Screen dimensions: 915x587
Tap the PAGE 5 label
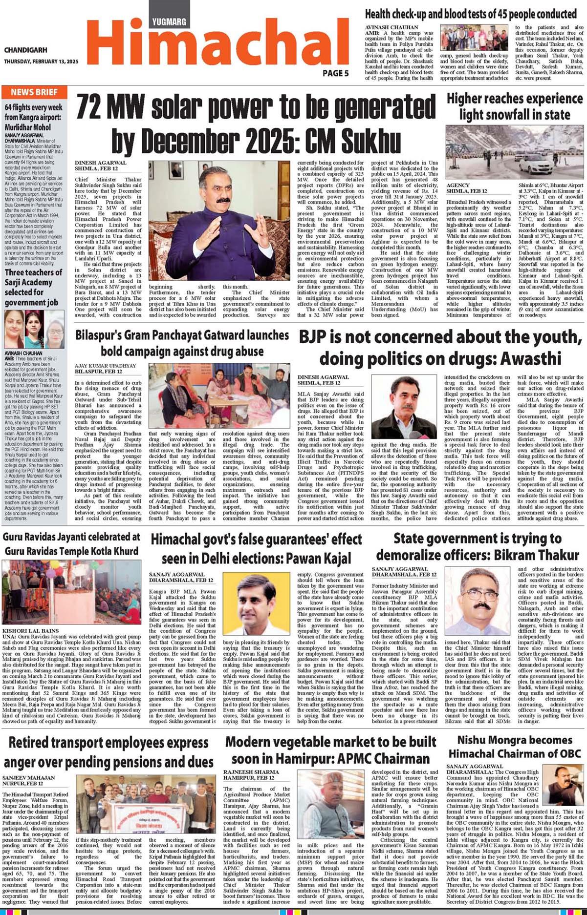pyautogui.click(x=335, y=73)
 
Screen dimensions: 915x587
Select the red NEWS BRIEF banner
pyautogui.click(x=34, y=92)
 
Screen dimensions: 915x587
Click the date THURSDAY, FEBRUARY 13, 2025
pyautogui.click(x=41, y=62)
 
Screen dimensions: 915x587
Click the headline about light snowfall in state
pyautogui.click(x=515, y=106)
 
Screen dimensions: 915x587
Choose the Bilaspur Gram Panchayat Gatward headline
pyautogui.click(x=182, y=343)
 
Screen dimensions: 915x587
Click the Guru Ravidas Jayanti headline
pyautogui.click(x=71, y=543)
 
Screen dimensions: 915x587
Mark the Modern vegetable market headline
pyautogui.click(x=330, y=749)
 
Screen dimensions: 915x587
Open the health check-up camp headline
pyautogui.click(x=471, y=14)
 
